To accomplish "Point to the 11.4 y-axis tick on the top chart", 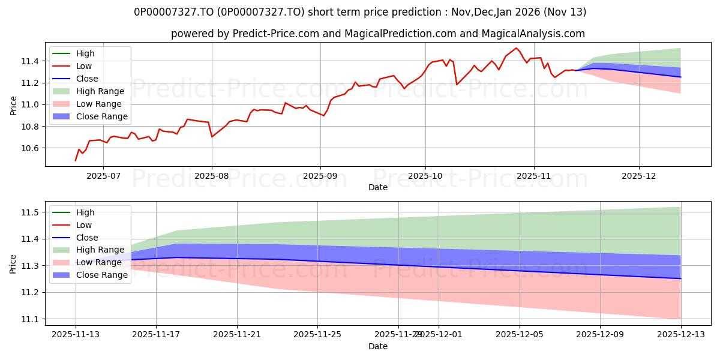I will (x=30, y=61).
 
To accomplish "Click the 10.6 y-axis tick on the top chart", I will (x=30, y=148).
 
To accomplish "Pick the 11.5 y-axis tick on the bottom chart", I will (x=30, y=212).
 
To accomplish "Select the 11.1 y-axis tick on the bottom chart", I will (x=30, y=319).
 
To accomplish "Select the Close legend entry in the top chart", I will (x=87, y=79).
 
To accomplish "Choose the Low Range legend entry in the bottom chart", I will (x=99, y=262).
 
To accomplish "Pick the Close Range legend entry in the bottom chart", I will (x=101, y=275).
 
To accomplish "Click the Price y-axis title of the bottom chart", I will (x=13, y=264).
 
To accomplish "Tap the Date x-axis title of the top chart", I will (x=378, y=187).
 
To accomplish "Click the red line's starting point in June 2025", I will (x=76, y=160).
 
